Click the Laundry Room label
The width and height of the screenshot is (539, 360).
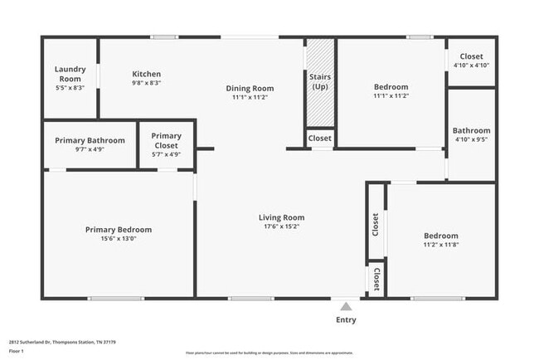70,73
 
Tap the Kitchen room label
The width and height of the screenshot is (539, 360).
146,74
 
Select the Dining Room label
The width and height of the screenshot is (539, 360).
250,88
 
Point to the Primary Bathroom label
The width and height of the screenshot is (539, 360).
90,140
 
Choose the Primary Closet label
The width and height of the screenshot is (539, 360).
166,140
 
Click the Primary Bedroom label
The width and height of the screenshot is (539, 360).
119,230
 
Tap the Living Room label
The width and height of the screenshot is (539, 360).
282,217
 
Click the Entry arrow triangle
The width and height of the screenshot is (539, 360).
346,306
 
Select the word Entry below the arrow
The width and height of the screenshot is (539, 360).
346,319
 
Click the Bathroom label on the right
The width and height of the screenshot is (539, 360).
471,130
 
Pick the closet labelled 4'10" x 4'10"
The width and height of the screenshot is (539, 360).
471,65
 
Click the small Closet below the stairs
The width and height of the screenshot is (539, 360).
320,139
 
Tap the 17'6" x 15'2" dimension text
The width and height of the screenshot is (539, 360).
282,226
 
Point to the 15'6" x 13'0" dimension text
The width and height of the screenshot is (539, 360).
119,239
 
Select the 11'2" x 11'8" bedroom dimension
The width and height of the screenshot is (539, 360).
440,244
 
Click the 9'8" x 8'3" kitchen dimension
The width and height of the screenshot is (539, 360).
146,83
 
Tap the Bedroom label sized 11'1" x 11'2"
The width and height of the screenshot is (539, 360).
391,87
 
